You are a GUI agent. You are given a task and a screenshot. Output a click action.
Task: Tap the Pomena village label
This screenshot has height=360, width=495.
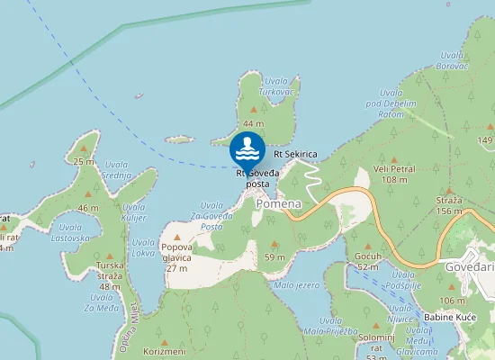[x=278, y=203]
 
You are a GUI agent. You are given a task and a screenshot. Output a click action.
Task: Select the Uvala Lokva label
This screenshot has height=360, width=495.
[x=143, y=247]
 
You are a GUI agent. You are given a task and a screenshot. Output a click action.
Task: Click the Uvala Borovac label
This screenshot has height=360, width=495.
[x=449, y=60]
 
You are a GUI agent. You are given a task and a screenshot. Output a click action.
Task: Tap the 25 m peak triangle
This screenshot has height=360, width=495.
[x=85, y=149]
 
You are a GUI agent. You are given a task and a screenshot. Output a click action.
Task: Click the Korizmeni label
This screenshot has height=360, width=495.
[x=164, y=351]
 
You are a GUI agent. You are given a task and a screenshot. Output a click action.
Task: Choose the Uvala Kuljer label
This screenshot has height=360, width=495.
[x=133, y=212]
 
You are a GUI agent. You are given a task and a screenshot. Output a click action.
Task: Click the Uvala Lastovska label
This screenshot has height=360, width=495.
[x=71, y=233]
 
